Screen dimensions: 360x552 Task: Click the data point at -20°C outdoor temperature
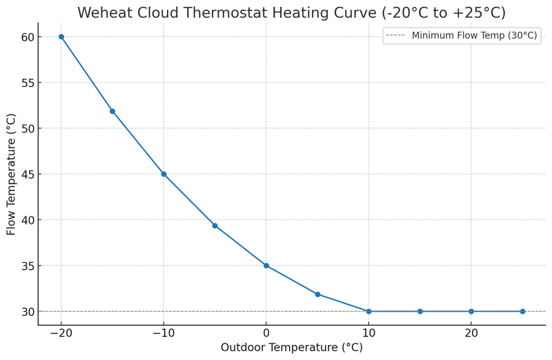61,37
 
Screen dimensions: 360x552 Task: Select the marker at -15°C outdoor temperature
112,111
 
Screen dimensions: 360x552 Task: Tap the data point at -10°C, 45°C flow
164,174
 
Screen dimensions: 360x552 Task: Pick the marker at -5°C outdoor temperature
215,226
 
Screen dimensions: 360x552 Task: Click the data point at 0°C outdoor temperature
266,266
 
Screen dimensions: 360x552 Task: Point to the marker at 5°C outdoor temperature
317,294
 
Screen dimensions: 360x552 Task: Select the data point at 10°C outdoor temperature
368,311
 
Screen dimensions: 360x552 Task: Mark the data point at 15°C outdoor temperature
420,311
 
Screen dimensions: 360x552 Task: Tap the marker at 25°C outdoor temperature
522,311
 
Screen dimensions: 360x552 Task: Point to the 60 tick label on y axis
26,37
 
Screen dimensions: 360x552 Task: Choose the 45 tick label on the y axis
26,174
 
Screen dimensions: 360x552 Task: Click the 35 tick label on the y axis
26,266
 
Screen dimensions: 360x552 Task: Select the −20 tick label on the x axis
61,332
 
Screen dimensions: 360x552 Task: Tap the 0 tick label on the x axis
266,332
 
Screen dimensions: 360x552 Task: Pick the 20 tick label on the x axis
471,332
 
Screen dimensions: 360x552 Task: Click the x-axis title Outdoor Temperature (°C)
291,348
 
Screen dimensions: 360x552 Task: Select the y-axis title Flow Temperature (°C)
12,174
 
